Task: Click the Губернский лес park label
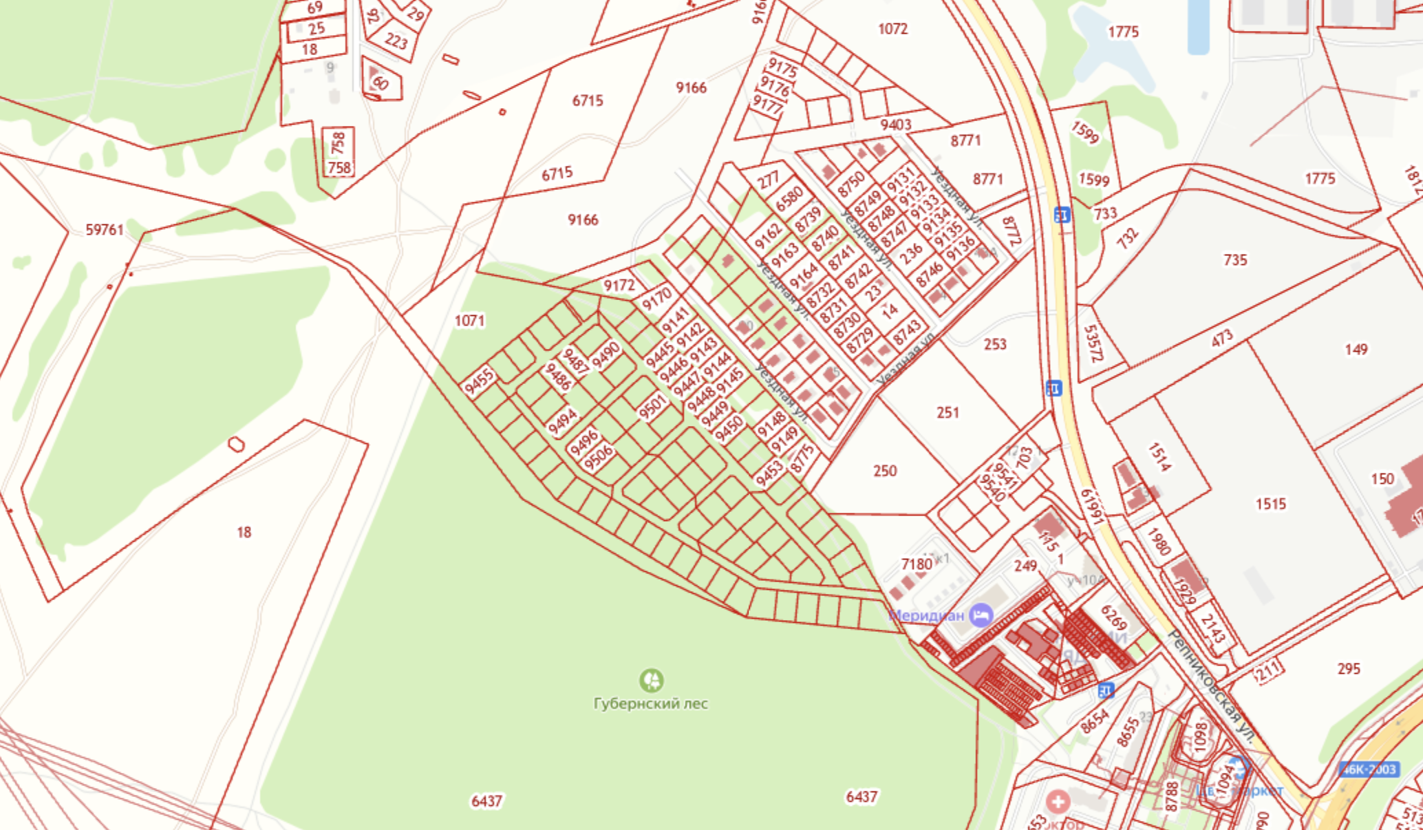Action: pos(650,703)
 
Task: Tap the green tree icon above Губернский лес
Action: pos(651,680)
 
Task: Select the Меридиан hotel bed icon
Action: pos(981,615)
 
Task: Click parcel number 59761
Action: pos(105,230)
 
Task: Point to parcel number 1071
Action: pos(469,321)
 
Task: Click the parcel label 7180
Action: pos(917,564)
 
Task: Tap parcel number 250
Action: pos(885,471)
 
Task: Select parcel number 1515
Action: pos(1270,504)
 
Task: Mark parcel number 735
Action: pos(1235,260)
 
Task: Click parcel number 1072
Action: pos(892,29)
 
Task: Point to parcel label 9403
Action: pos(895,125)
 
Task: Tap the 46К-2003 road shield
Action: pos(1369,769)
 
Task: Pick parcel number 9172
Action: pos(619,285)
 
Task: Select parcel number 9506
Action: pos(598,457)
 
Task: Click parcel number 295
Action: pos(1349,668)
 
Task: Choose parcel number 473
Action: pos(1222,338)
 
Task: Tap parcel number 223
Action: pos(396,41)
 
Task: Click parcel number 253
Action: pos(995,344)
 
